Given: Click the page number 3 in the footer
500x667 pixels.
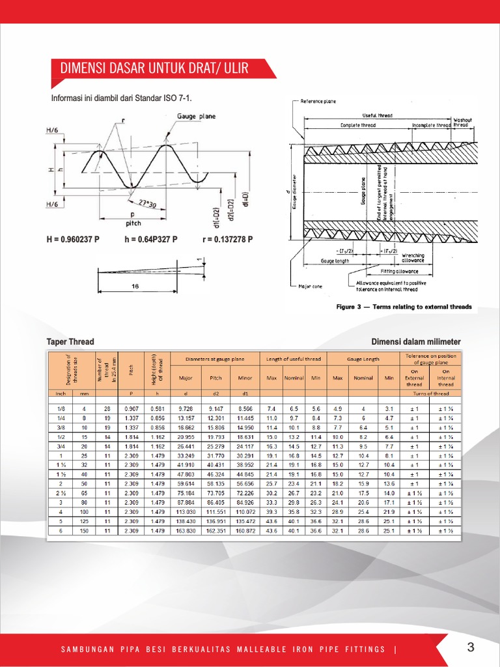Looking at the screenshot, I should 471,647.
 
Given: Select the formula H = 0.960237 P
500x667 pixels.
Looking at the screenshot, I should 72,239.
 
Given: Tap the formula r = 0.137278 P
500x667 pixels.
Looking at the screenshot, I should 227,239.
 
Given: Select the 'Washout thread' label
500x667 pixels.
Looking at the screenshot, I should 464,122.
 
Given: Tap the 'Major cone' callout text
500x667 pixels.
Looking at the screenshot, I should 309,286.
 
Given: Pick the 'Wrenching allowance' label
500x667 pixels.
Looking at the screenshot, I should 413,257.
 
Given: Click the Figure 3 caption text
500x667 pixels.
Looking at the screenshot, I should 404,306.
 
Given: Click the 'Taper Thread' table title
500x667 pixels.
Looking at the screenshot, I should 70,341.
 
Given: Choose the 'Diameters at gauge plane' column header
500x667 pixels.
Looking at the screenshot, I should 215,358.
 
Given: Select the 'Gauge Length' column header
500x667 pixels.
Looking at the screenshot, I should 363,358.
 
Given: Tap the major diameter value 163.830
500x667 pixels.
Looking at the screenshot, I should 186,532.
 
